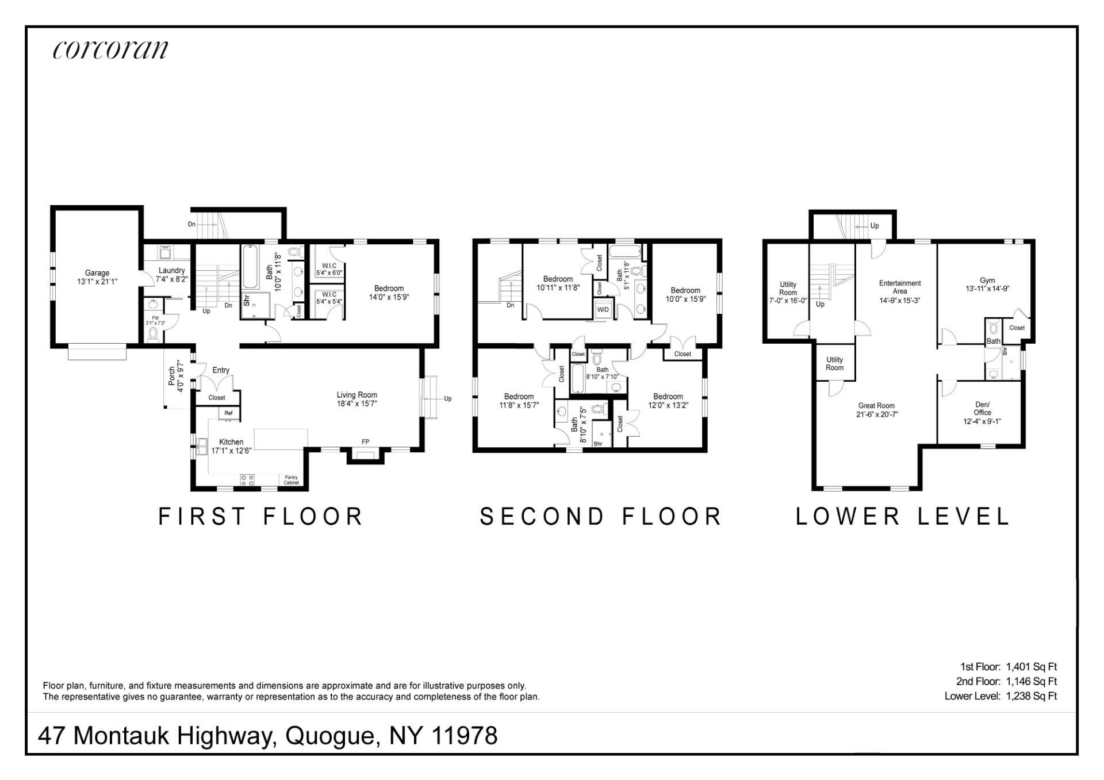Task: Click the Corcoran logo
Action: [110, 49]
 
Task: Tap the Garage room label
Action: [97, 273]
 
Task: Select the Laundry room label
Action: [171, 270]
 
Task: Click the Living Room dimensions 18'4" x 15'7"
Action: [356, 404]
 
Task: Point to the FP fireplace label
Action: [365, 442]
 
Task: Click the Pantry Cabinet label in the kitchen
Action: [292, 480]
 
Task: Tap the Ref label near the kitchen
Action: [228, 413]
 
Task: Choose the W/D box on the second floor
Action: [603, 309]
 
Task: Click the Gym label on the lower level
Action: [987, 281]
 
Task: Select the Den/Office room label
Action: [982, 408]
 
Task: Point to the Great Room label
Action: [876, 405]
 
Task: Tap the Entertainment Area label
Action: [900, 287]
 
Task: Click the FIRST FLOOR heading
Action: [260, 516]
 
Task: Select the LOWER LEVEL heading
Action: [902, 516]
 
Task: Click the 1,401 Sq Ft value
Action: [1032, 667]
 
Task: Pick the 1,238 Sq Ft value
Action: [1032, 696]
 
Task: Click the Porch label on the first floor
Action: [171, 376]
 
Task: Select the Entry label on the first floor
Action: [221, 370]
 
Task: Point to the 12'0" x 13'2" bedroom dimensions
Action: [668, 405]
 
